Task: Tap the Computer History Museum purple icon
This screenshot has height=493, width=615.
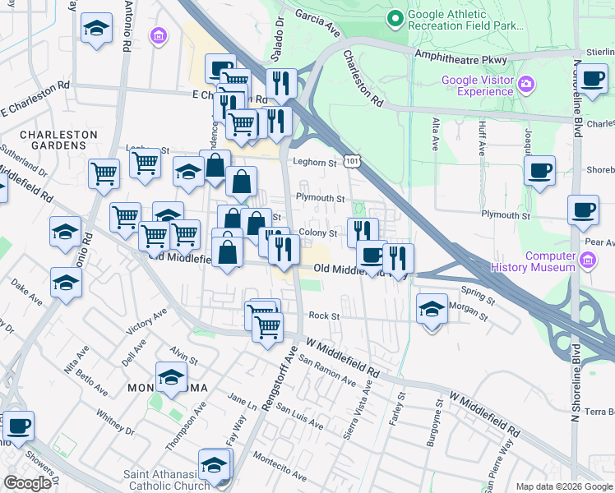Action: click(x=587, y=261)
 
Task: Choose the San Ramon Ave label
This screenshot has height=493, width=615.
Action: click(x=326, y=371)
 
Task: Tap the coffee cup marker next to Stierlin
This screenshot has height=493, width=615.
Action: click(x=592, y=80)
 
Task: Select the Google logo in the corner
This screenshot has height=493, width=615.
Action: click(x=27, y=482)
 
